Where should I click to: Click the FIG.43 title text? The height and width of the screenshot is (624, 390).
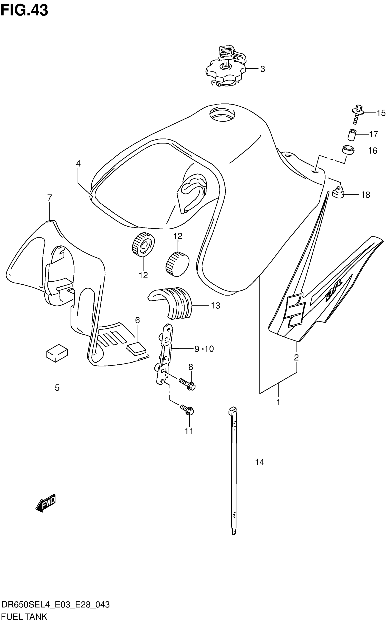pyautogui.click(x=25, y=10)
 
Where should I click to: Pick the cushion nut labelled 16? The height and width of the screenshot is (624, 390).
pyautogui.click(x=347, y=150)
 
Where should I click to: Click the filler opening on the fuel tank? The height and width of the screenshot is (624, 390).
pyautogui.click(x=222, y=114)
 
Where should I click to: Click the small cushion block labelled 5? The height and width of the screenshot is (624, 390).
pyautogui.click(x=57, y=352)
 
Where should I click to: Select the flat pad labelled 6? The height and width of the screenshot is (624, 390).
pyautogui.click(x=136, y=349)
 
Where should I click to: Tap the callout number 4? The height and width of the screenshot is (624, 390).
pyautogui.click(x=78, y=163)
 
